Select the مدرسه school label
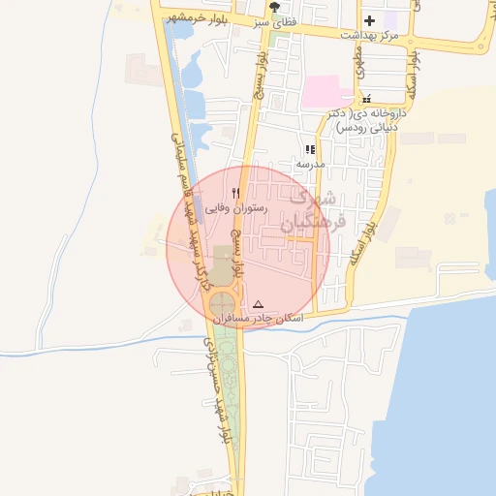[310, 164]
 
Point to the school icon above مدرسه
[310, 150]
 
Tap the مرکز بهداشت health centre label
[369, 34]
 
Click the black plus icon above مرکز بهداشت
[369, 19]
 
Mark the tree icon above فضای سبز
[276, 6]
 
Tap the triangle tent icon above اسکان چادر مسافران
[258, 304]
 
